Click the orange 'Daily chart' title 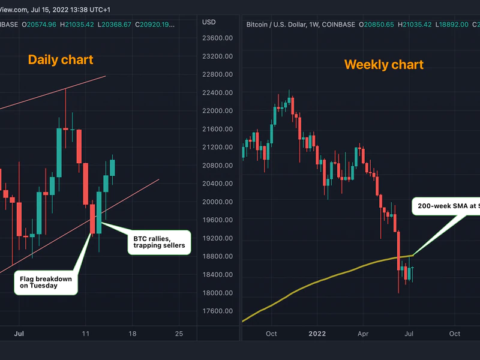(61, 59)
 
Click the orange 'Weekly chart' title (384, 64)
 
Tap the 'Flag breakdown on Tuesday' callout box (46, 282)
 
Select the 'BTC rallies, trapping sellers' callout (159, 242)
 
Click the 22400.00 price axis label (217, 93)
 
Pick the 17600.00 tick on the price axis (217, 311)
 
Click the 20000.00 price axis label (217, 202)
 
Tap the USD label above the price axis (209, 22)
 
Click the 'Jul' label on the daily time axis (19, 334)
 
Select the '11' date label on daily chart (86, 334)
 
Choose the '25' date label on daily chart (178, 334)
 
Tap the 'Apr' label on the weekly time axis (362, 334)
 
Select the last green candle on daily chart (112, 167)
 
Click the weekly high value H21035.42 (419, 25)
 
